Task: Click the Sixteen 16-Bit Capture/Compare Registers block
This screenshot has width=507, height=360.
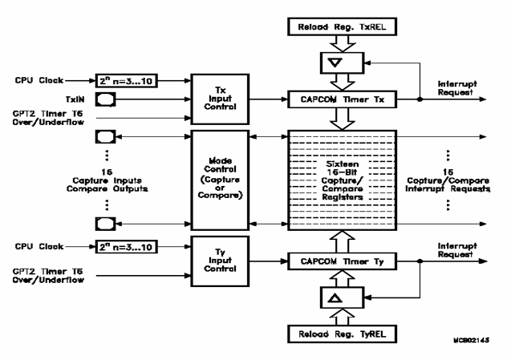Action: tap(337, 178)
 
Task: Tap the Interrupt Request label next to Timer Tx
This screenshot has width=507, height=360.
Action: tap(451, 87)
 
